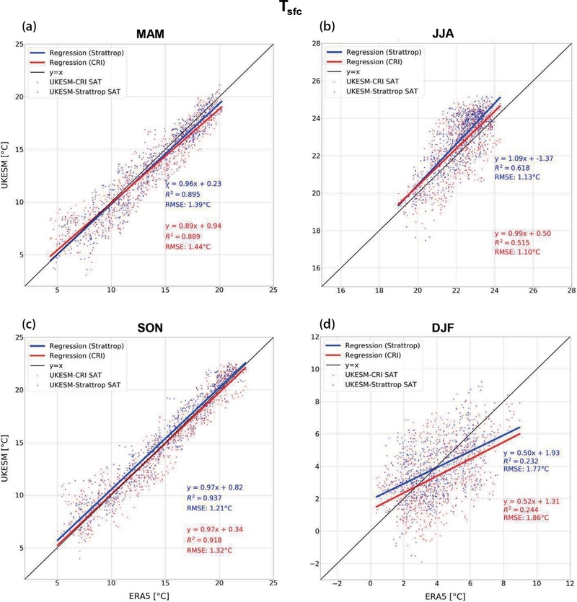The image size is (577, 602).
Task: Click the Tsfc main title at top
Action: pyautogui.click(x=288, y=10)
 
